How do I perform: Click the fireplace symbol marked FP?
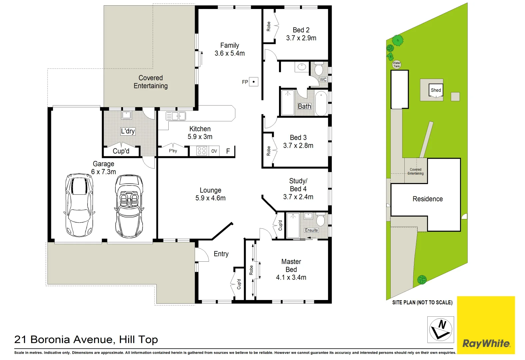coord(254,82)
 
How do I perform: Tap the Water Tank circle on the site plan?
coord(396,64)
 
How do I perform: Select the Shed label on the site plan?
coord(436,90)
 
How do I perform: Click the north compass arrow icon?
coord(441,329)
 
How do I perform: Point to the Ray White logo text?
coord(486,343)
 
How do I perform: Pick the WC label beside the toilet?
coord(323,79)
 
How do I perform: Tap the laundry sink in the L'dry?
coord(126,115)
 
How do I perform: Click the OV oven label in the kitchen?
coord(214,151)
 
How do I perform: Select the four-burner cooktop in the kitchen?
coord(201,151)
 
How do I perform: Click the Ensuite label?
coord(311,230)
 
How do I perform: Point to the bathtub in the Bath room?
coord(321,103)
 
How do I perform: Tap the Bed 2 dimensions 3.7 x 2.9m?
coord(301,38)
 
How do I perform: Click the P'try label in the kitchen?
coord(173,151)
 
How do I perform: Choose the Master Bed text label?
coord(291,266)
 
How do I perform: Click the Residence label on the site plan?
coord(428,199)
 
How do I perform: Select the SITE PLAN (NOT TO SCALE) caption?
coord(422,302)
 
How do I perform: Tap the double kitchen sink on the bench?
coord(176,116)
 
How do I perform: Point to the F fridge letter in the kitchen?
coord(228,151)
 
